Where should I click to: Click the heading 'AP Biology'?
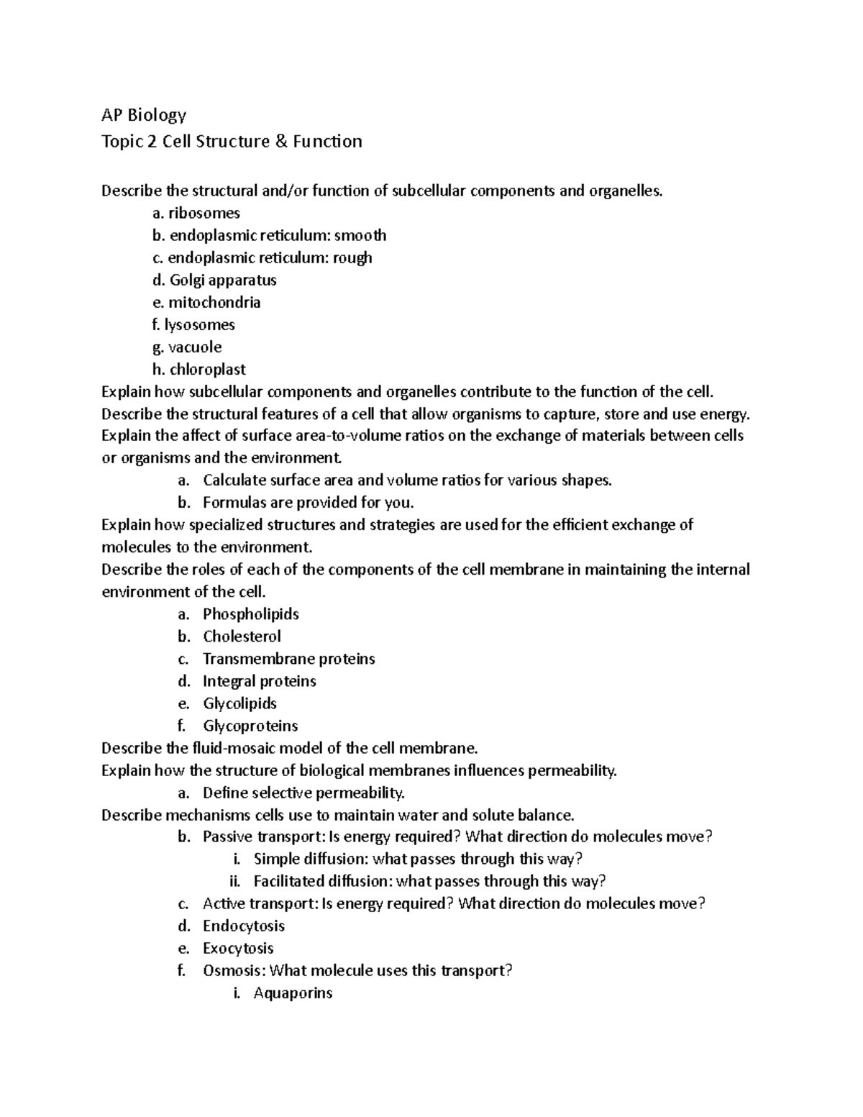(144, 115)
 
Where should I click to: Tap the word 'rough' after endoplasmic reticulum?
(352, 257)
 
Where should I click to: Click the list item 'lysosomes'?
(199, 324)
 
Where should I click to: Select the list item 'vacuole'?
(195, 347)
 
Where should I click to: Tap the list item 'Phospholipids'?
(250, 614)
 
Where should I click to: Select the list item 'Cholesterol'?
(242, 636)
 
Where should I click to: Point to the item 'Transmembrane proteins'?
(288, 658)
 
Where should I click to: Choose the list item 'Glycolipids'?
(239, 703)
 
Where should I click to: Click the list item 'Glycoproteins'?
(250, 725)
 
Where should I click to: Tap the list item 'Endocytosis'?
(244, 926)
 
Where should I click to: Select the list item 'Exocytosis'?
(238, 948)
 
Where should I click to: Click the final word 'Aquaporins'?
(293, 993)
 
